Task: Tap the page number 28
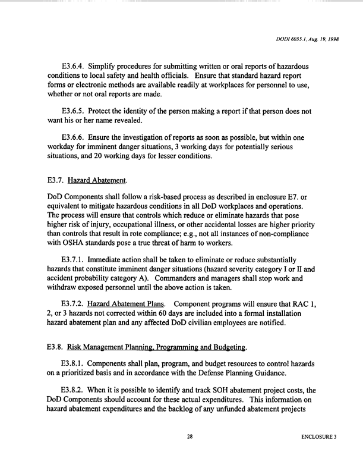(190, 437)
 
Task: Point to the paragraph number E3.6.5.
(74, 111)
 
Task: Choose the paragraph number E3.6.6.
(74, 137)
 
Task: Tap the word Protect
(107, 111)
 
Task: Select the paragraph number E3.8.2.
(74, 390)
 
